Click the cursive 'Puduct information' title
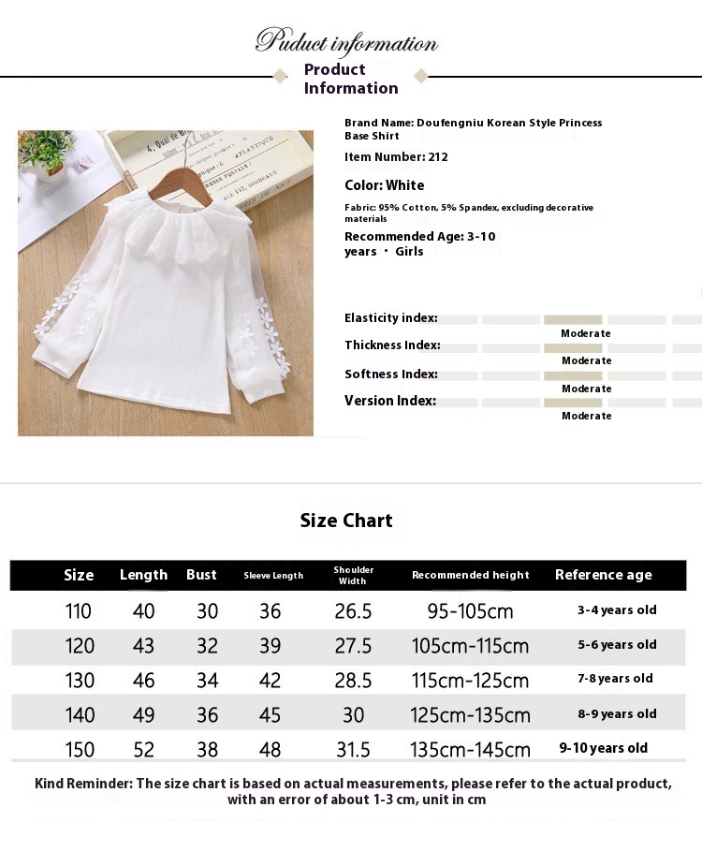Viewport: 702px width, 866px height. pos(346,42)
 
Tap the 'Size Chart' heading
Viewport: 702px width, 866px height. pos(346,521)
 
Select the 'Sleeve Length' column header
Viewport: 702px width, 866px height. pos(273,576)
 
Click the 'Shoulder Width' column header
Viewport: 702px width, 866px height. pos(354,575)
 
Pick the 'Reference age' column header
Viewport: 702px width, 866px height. pos(603,575)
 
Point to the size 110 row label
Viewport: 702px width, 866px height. pos(79,611)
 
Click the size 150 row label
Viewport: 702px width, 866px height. pos(80,749)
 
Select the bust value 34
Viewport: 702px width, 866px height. pos(207,681)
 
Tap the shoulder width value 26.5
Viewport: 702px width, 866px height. pos(353,611)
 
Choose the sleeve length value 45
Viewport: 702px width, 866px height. pos(270,715)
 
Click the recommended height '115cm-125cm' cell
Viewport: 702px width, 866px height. pos(470,681)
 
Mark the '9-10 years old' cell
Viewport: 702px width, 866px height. pos(603,748)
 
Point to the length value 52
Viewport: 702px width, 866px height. pos(144,749)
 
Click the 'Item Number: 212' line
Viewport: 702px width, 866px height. pos(396,157)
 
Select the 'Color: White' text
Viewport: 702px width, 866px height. pos(384,185)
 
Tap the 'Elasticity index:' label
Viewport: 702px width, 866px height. pos(390,318)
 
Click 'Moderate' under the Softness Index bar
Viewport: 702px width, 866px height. pos(586,389)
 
